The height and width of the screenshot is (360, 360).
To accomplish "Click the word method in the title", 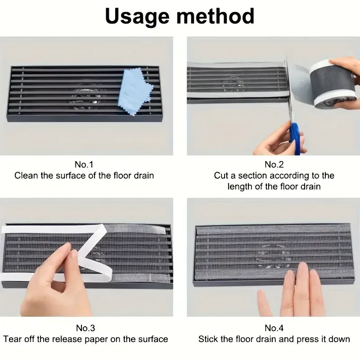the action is tap(216, 16).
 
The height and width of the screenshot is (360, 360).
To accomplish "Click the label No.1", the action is tap(84, 164).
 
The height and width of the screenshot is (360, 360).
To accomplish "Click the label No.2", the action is tap(274, 164).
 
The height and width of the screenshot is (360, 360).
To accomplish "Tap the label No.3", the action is tap(85, 328).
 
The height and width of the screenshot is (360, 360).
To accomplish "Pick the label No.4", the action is tap(274, 328).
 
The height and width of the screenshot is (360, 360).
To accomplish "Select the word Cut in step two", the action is tap(221, 175).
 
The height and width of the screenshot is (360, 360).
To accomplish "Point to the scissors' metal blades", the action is tap(288, 92).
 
